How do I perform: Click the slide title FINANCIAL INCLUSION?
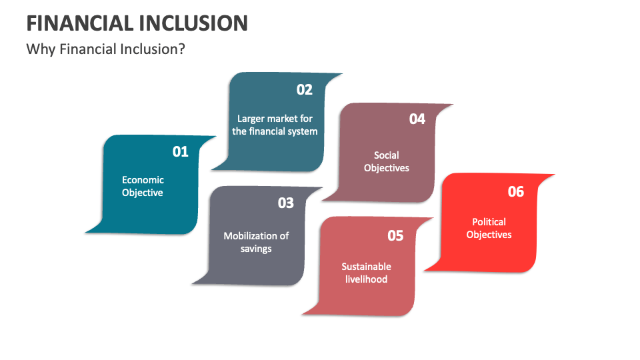pos(137,23)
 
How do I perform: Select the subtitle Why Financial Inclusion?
pos(105,49)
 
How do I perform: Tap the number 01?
pos(181,151)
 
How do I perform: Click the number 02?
pos(304,89)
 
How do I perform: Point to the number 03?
pos(285,203)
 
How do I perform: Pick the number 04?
pos(417,119)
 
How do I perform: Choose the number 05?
pos(395,235)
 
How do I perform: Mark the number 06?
pos(516,191)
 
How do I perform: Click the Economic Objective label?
pos(143,186)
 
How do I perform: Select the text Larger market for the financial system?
pos(275,125)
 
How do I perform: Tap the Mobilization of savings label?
pos(256,242)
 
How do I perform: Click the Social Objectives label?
pos(387,161)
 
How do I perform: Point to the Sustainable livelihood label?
pos(366,273)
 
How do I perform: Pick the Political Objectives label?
pos(489,228)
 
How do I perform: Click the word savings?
pos(256,249)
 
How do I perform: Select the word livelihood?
pos(366,279)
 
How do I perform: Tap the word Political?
pos(489,221)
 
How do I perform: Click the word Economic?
pos(143,179)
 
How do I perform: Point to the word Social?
pos(387,155)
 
